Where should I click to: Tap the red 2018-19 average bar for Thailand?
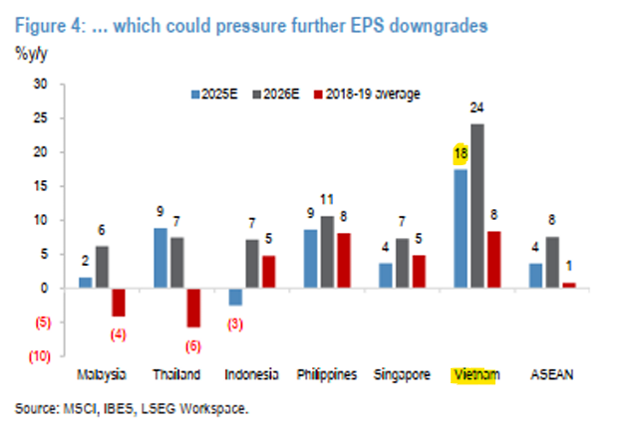pyautogui.click(x=192, y=307)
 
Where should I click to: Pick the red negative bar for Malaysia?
pyautogui.click(x=119, y=302)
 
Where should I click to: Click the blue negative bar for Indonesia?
pyautogui.click(x=234, y=297)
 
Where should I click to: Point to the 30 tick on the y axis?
pyautogui.click(x=41, y=85)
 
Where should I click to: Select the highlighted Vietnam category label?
pyautogui.click(x=473, y=375)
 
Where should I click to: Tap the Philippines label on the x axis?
pyautogui.click(x=327, y=375)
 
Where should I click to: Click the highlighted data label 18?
pyautogui.click(x=460, y=153)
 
